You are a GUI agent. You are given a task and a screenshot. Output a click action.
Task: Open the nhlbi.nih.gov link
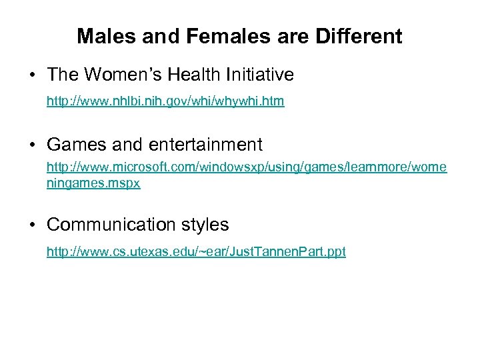[165, 102]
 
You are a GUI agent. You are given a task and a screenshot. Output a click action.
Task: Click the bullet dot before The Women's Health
[33, 76]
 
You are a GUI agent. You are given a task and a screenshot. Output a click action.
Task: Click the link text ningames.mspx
[93, 183]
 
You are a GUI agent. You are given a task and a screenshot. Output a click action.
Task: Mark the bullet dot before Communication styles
[33, 225]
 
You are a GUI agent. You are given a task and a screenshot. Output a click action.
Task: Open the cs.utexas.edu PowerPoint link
[196, 251]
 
